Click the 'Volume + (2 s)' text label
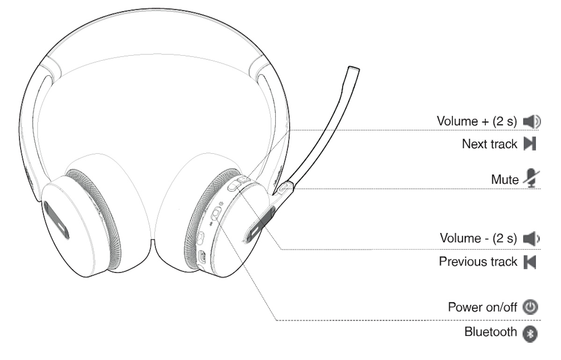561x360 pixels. click(477, 121)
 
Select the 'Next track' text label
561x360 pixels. click(489, 144)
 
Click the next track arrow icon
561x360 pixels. click(529, 144)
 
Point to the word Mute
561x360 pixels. click(504, 179)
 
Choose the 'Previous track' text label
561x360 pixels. click(478, 261)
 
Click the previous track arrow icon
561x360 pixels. click(529, 262)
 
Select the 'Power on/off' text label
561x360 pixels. click(482, 307)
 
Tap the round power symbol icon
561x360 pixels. click(530, 308)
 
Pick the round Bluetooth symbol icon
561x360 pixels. click(530, 333)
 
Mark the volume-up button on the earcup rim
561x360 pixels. click(242, 180)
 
